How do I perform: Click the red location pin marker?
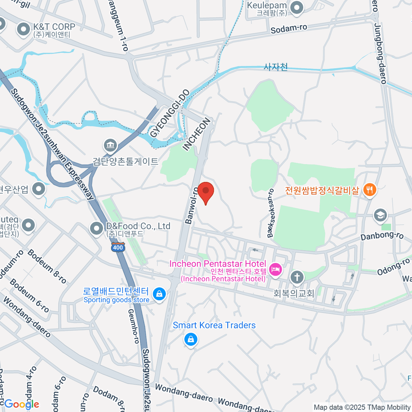[206, 192]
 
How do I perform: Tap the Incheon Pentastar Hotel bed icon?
[275, 269]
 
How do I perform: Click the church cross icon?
[297, 277]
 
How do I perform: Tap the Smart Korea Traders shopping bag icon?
[191, 340]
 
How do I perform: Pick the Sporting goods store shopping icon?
[159, 294]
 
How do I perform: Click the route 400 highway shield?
[118, 247]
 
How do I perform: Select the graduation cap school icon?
[380, 215]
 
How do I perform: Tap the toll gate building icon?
[110, 145]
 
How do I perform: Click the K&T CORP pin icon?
[24, 30]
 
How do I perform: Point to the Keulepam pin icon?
[297, 8]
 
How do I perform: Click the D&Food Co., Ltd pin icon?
[96, 228]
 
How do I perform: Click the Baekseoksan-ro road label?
[271, 213]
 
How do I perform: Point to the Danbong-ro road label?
[382, 236]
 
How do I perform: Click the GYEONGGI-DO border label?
[170, 113]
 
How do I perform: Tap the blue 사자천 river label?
[275, 67]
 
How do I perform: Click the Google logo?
[21, 404]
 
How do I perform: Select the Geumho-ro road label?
[133, 326]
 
